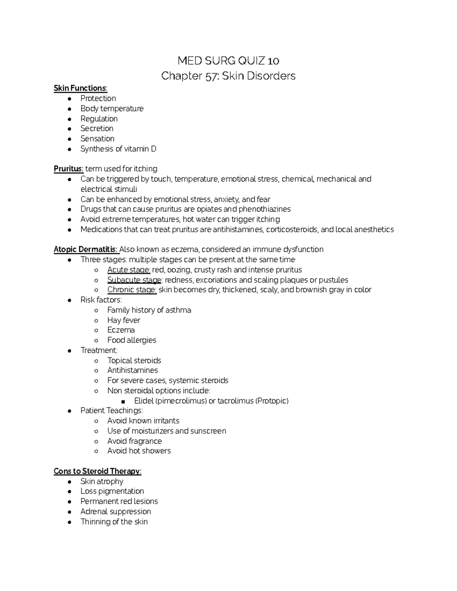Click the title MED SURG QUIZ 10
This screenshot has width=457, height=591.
coord(228,61)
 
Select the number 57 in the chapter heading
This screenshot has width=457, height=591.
coord(210,76)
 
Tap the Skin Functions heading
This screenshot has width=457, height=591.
coord(80,88)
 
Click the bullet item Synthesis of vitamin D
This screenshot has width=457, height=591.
coord(118,149)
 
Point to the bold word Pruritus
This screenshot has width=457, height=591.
coord(68,169)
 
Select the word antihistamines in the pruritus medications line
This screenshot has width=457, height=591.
coord(232,229)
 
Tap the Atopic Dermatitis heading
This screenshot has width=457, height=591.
coord(85,249)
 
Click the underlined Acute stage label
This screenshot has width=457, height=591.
coord(129,270)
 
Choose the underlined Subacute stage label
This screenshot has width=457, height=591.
coord(134,280)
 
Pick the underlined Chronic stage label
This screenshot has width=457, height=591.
coord(132,290)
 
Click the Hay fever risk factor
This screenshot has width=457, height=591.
coord(123,320)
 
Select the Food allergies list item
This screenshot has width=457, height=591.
coord(131,340)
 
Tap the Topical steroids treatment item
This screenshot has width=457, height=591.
coord(134,360)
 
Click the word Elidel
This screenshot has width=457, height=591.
coord(144,401)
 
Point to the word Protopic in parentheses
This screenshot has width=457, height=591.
coord(272,401)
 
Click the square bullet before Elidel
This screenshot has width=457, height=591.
coord(123,401)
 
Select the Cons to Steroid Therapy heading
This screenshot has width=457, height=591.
coord(97,471)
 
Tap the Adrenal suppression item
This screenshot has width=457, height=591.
coord(115,511)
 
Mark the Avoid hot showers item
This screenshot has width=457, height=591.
coord(139,451)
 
